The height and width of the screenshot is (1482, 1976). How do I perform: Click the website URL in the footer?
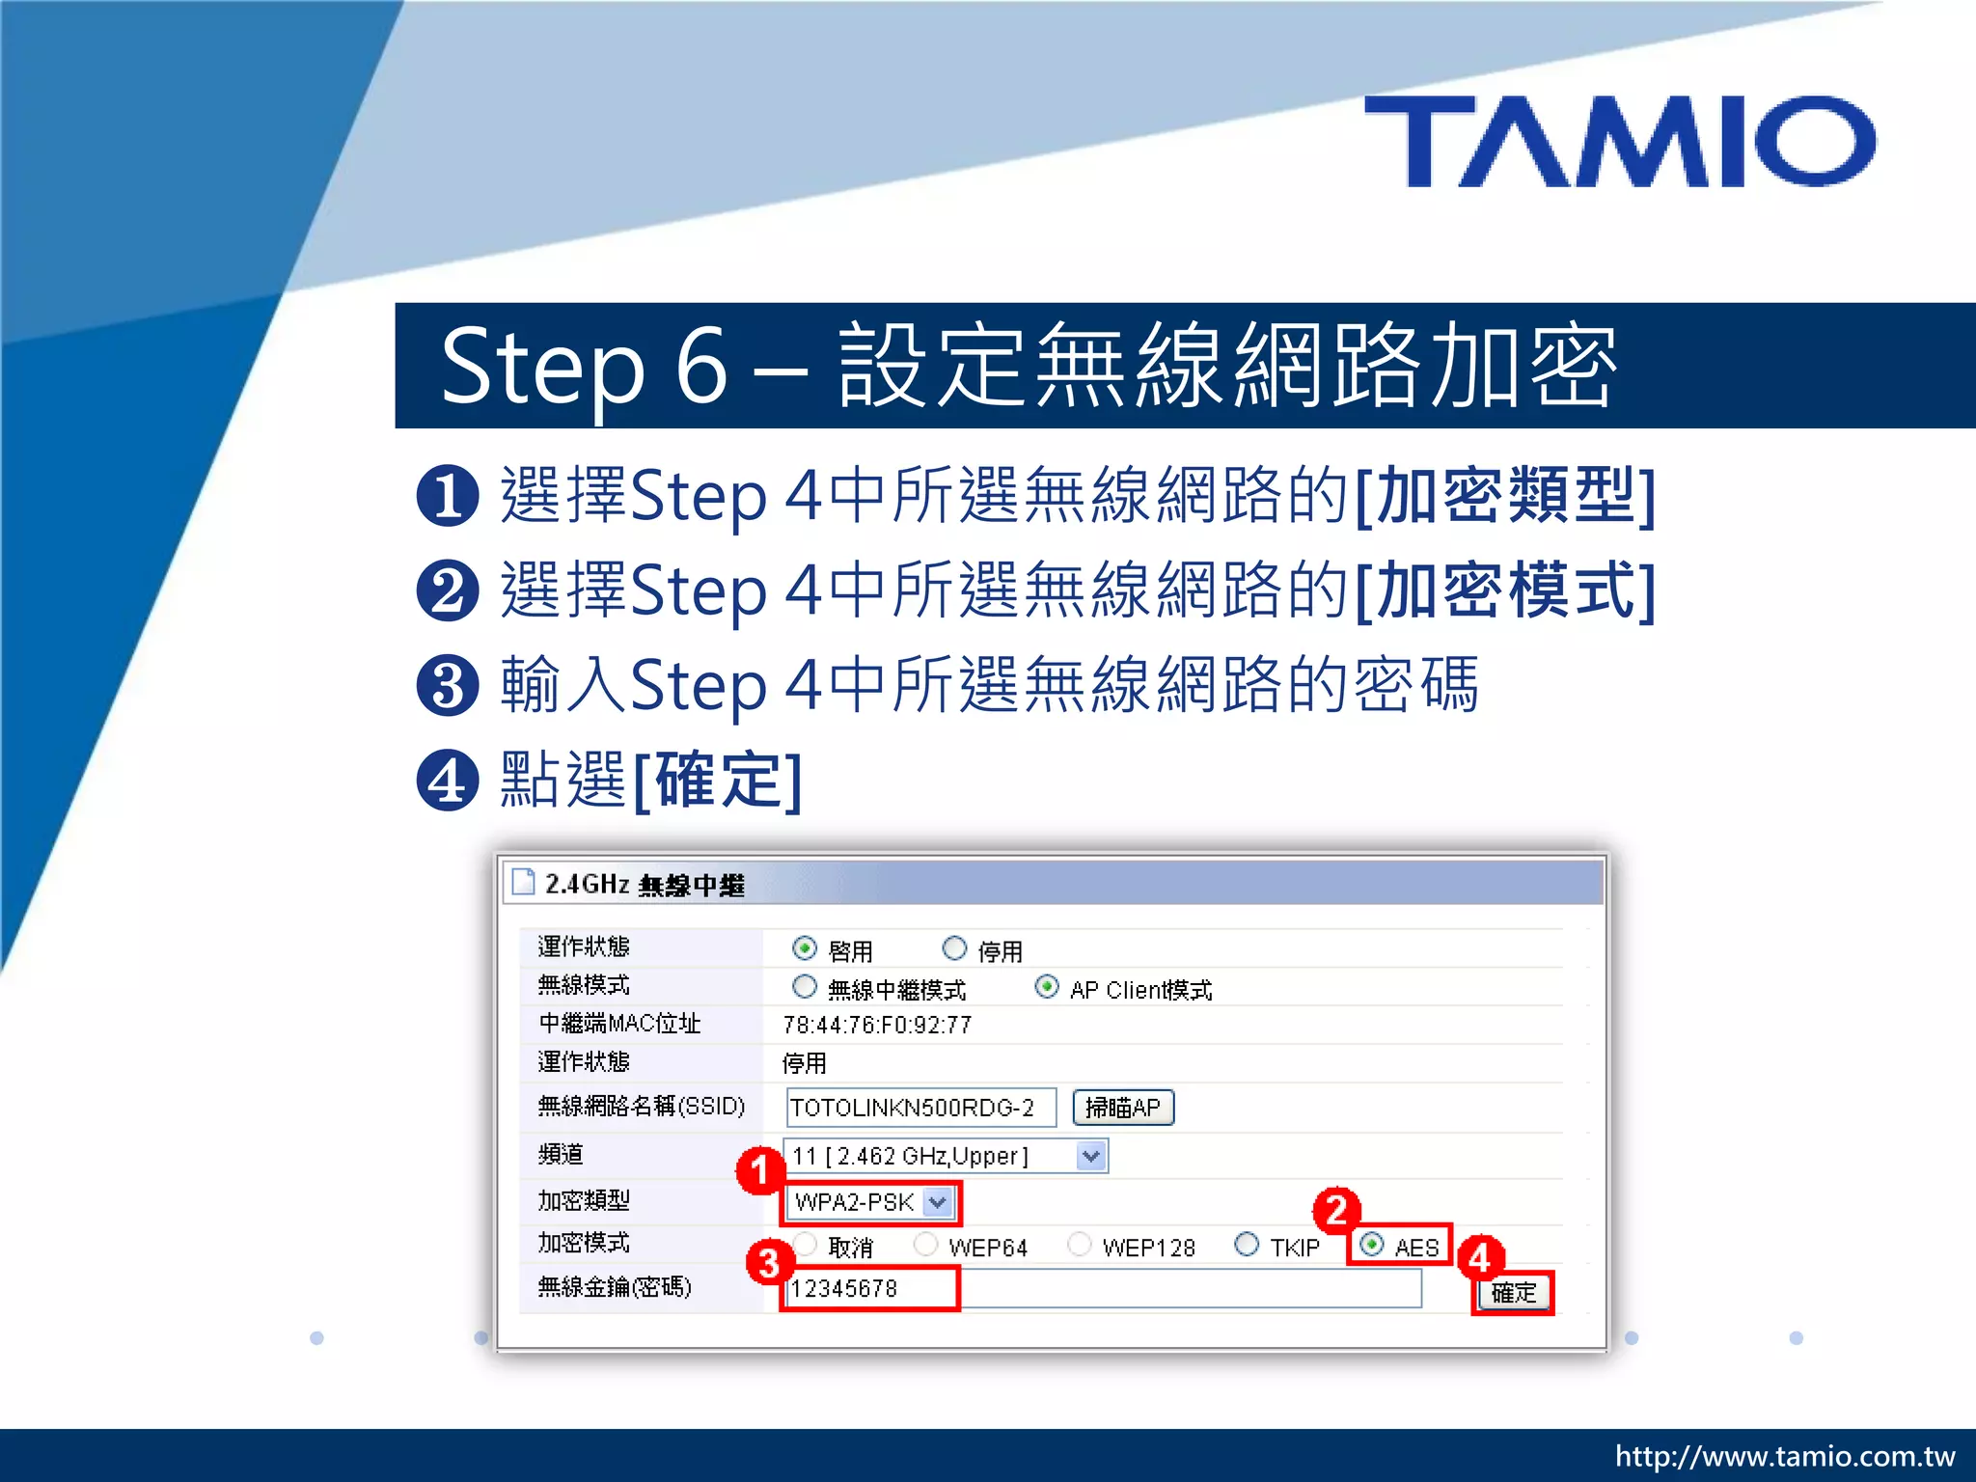(1784, 1456)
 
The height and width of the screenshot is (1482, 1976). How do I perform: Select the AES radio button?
(1371, 1245)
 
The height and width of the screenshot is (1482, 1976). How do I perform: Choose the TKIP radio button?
(1247, 1245)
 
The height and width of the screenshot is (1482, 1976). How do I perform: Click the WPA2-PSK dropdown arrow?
(937, 1202)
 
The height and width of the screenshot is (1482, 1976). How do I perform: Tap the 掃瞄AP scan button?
(1123, 1108)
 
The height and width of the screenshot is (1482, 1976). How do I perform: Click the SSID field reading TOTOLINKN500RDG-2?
(919, 1108)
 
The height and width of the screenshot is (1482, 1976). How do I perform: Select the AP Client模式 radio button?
(1047, 987)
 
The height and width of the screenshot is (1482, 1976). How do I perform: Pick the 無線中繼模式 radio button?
(804, 987)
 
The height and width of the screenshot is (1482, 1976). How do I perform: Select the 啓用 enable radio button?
(804, 948)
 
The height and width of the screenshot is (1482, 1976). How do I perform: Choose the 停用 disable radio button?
(954, 948)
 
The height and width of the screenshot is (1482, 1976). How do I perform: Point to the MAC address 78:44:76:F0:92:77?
(877, 1025)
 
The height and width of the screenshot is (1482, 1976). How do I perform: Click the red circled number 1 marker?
(760, 1170)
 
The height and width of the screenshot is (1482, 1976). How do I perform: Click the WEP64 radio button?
(925, 1245)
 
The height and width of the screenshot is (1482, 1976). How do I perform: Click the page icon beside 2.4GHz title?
(523, 882)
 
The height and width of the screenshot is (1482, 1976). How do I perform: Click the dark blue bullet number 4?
(448, 780)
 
